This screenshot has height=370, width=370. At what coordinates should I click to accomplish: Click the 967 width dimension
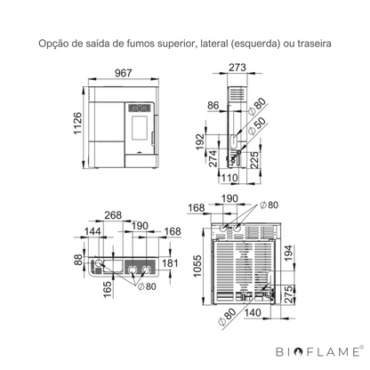(123, 73)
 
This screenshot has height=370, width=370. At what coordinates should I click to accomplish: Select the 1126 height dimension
(77, 124)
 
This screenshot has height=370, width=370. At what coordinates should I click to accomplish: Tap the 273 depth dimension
(237, 68)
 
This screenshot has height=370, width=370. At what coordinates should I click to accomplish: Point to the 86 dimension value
(213, 106)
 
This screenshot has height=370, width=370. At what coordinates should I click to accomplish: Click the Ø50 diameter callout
(256, 126)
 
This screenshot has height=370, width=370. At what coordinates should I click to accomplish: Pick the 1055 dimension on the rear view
(197, 266)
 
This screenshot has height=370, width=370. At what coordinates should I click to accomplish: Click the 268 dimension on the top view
(113, 215)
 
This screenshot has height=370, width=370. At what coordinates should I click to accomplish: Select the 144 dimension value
(92, 231)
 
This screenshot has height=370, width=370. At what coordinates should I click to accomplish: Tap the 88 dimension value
(78, 260)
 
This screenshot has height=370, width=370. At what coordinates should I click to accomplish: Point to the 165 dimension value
(108, 289)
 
